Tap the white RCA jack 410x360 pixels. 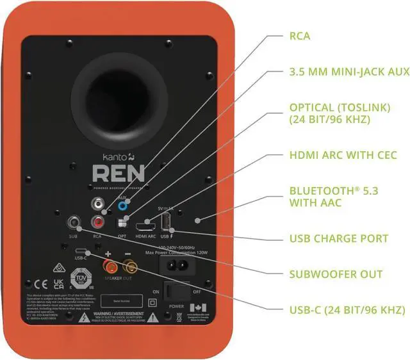pos(98,204)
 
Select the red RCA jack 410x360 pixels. pos(98,222)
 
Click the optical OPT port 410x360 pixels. pos(123,224)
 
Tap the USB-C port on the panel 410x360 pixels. pos(80,250)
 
